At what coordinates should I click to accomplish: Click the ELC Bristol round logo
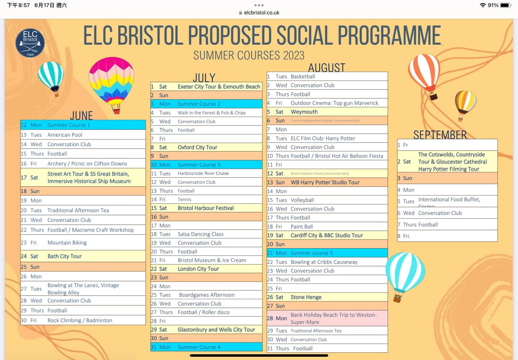(30, 43)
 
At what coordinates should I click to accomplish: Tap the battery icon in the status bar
(505, 5)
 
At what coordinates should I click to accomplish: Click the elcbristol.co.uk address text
(262, 13)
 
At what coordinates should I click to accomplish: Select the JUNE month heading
(81, 115)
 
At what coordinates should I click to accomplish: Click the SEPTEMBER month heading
(440, 134)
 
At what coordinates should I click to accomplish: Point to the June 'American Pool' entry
(65, 135)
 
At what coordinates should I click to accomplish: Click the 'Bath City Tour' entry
(64, 256)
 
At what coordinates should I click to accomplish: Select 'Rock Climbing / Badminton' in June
(80, 320)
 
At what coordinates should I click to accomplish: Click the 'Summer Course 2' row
(199, 104)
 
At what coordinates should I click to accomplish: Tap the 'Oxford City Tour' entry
(198, 147)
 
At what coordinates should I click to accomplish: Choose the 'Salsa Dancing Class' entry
(200, 234)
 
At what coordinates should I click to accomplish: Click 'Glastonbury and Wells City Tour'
(216, 330)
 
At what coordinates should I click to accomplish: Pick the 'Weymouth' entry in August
(304, 112)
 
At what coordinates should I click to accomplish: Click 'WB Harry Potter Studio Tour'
(325, 182)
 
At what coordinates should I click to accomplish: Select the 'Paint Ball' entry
(302, 227)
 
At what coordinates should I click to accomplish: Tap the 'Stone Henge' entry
(306, 297)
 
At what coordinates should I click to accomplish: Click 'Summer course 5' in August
(311, 253)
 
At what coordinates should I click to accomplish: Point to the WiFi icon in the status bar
(482, 5)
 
